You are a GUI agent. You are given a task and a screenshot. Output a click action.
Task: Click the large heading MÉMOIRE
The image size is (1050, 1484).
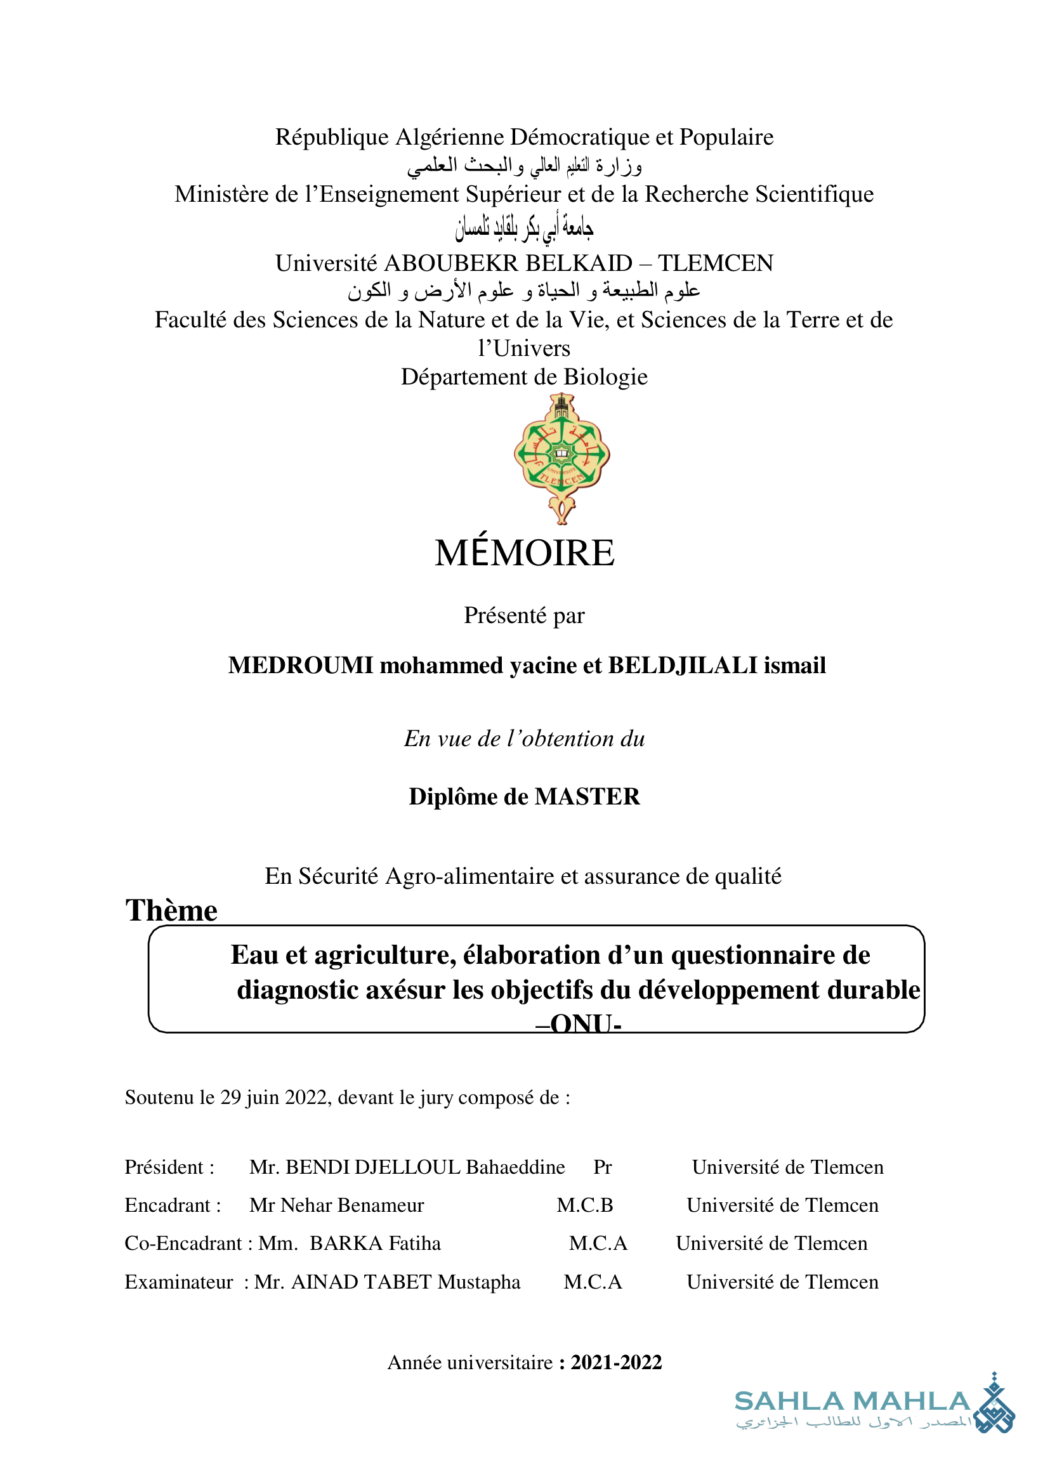[x=524, y=553]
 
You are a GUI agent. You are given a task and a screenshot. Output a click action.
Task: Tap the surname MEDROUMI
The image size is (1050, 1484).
[x=301, y=666]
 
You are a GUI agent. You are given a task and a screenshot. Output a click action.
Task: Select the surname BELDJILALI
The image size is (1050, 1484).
[x=683, y=666]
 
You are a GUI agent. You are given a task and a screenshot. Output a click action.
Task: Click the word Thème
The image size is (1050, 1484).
[x=171, y=910]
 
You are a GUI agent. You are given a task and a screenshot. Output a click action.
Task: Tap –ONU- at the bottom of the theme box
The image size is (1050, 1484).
[x=578, y=1023]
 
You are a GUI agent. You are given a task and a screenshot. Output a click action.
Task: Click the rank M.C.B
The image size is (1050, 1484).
[x=584, y=1205]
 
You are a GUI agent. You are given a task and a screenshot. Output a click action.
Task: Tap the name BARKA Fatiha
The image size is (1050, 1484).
[x=375, y=1244]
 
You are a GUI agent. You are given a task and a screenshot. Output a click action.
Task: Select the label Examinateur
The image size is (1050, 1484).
[x=178, y=1282]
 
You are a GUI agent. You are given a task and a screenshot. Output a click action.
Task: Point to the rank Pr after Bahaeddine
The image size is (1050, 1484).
[x=602, y=1167]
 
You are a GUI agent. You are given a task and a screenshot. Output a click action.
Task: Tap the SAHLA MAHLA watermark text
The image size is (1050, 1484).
[x=851, y=1402]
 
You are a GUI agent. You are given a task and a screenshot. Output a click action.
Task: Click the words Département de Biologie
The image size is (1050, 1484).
[x=523, y=377]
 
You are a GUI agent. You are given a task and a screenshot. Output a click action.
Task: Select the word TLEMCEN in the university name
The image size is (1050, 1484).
[x=715, y=263]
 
